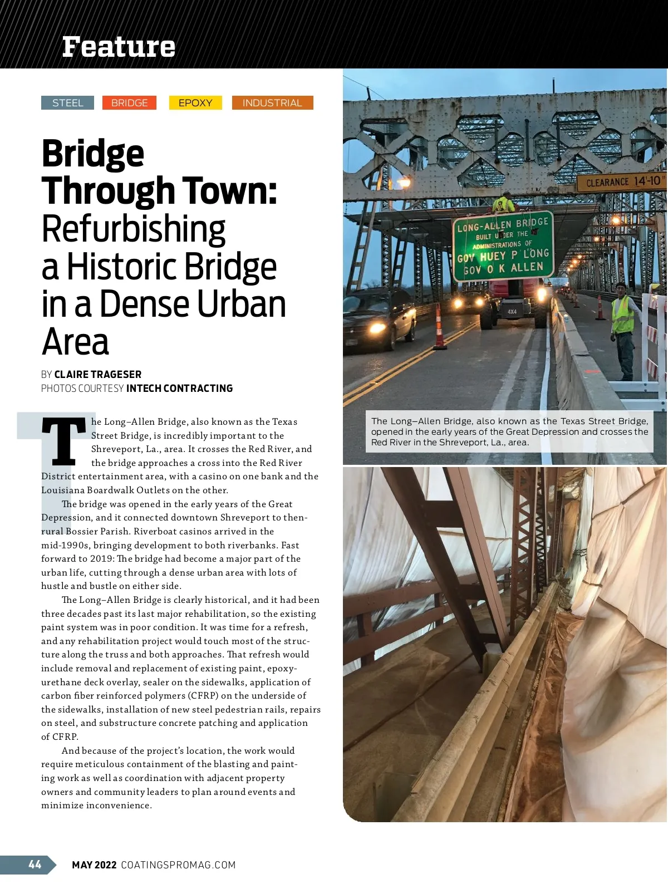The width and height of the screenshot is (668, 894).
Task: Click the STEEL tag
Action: [x=67, y=103]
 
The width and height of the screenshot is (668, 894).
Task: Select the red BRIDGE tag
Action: [x=129, y=103]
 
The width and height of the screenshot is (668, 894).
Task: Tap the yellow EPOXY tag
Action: [x=195, y=103]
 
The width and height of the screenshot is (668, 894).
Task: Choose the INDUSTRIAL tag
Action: [x=272, y=103]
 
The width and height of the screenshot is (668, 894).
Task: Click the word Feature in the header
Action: [x=119, y=47]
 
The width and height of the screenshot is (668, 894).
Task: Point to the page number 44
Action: [x=35, y=864]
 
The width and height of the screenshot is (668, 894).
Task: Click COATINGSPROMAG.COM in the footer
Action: [x=178, y=865]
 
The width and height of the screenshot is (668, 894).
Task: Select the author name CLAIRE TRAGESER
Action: [x=98, y=375]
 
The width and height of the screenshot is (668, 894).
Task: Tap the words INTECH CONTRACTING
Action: [x=179, y=389]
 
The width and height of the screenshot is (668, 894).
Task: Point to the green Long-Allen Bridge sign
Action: [x=503, y=245]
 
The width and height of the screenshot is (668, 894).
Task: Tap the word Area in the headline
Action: [x=75, y=342]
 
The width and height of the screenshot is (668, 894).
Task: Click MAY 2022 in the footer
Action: [x=94, y=865]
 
